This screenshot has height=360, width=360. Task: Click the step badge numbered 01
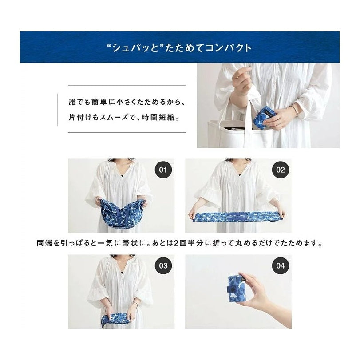(x=163, y=170)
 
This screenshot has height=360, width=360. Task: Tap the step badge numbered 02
(x=281, y=170)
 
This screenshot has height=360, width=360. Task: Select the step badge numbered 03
(x=163, y=266)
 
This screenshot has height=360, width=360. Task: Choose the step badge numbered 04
(x=281, y=266)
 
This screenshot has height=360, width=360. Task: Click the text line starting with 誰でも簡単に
(x=120, y=102)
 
